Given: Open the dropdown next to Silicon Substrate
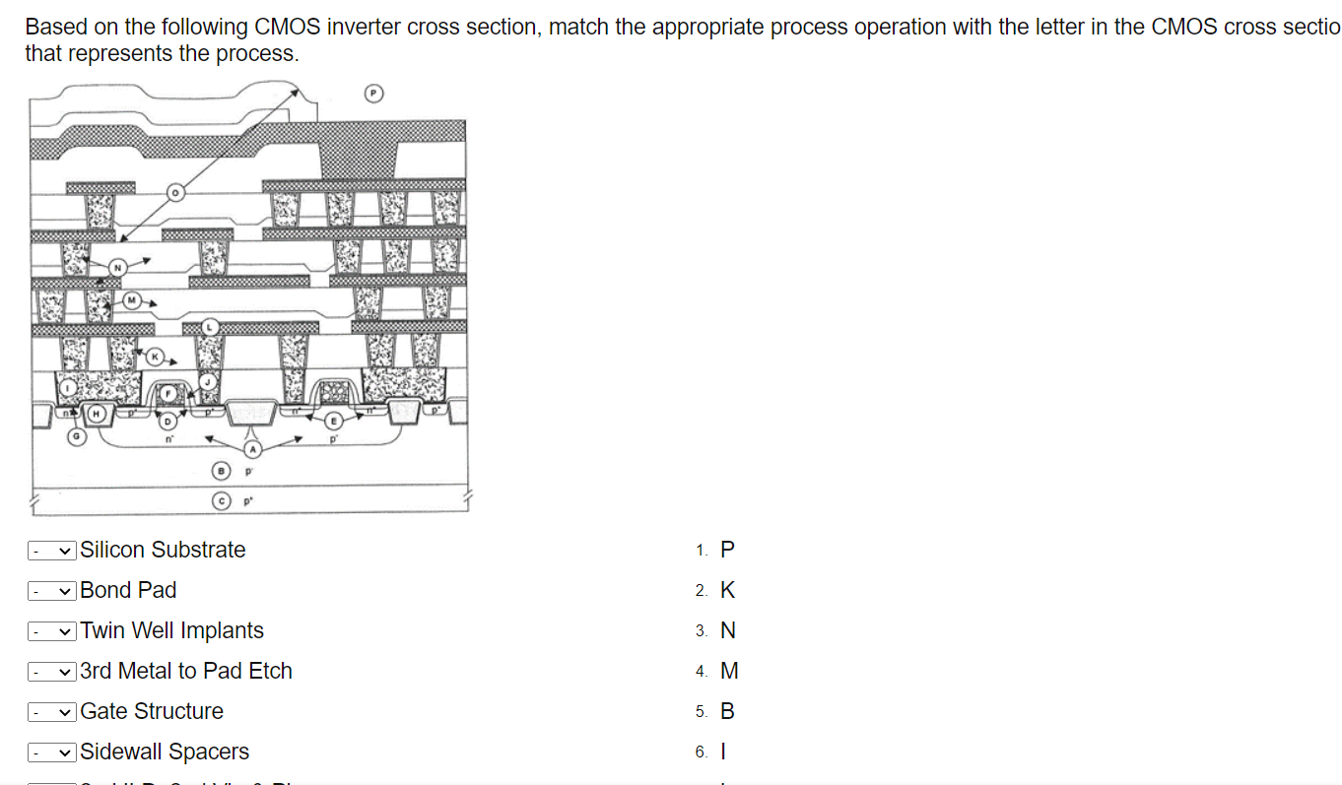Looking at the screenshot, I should [x=52, y=551].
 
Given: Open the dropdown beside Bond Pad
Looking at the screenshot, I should [x=52, y=591].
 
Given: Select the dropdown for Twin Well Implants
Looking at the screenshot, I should [x=52, y=631].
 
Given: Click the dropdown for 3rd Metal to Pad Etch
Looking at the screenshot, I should [x=52, y=672].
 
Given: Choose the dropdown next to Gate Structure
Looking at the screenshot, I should [x=52, y=712].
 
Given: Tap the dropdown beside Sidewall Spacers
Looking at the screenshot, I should [x=52, y=752].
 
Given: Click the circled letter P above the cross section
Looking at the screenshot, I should [x=373, y=94].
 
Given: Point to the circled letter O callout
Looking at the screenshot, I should [x=175, y=193].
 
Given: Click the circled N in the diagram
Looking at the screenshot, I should [x=118, y=266].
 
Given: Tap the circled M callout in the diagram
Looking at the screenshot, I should [x=131, y=299].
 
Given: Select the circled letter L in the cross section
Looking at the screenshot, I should [x=209, y=326].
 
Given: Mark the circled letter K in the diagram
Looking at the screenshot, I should [x=155, y=356].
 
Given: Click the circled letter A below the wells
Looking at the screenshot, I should [x=252, y=449].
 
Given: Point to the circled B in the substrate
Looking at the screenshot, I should [x=223, y=472].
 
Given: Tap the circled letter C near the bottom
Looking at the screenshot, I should [x=223, y=501].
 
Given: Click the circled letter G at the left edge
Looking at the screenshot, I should [x=74, y=434].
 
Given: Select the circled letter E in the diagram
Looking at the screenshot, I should [x=333, y=420].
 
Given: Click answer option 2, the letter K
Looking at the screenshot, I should [x=727, y=591].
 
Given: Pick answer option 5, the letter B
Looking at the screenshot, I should [x=727, y=712].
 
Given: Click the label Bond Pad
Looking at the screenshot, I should [x=128, y=591].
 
